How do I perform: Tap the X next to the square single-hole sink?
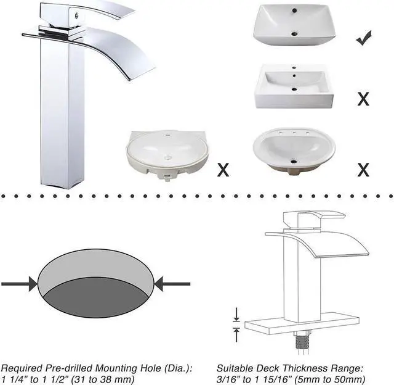pos(363,97)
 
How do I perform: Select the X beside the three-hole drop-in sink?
pos(363,168)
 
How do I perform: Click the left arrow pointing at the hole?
pos(18,283)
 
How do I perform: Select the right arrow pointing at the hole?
pos(172,283)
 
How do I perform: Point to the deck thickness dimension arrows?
pos(236,324)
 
